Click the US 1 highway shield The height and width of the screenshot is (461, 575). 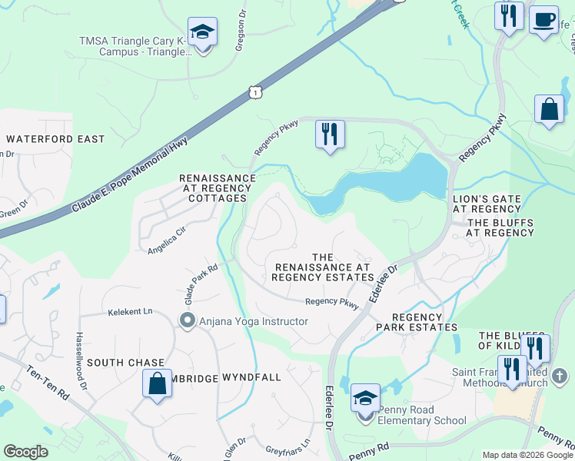(255, 92)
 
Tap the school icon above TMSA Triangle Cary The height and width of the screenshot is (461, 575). (203, 32)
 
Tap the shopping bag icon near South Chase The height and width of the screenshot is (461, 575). (157, 383)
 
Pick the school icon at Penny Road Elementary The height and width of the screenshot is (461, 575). (365, 398)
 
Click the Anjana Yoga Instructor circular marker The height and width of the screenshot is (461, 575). (187, 321)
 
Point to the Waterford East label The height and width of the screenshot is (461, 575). (55, 139)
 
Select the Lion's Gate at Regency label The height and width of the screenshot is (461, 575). (487, 202)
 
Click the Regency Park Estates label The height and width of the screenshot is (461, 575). (417, 322)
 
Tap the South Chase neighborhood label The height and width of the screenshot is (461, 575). (125, 362)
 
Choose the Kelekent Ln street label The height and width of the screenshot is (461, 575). (131, 312)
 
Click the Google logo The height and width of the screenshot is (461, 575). (26, 451)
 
